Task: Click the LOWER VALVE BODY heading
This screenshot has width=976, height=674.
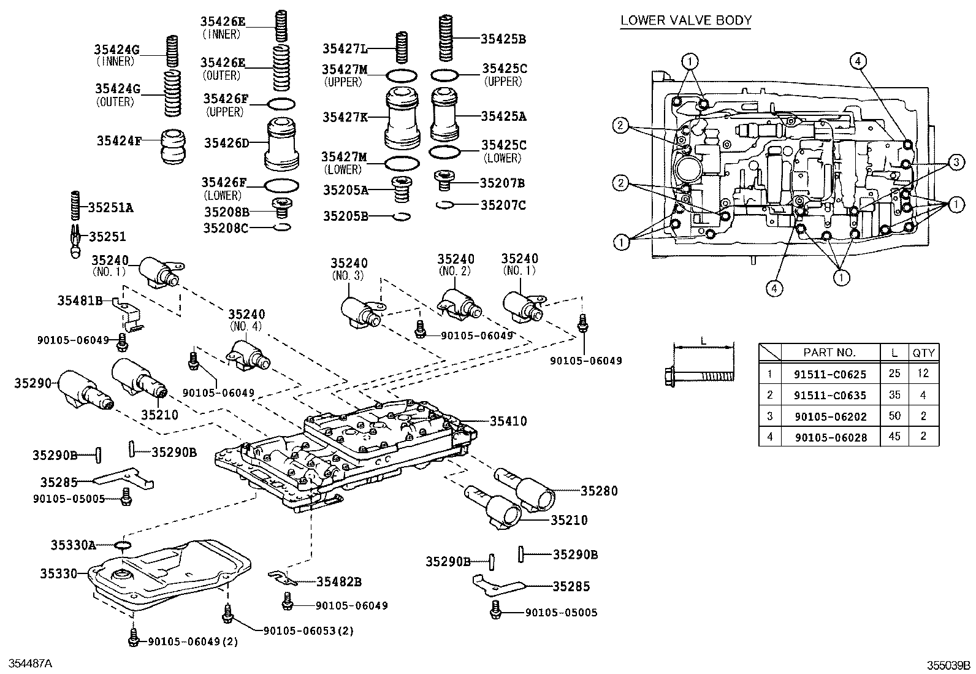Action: point(685,20)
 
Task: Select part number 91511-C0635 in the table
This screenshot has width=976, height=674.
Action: point(830,395)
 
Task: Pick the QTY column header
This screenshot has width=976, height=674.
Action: point(923,353)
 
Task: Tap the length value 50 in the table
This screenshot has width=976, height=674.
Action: point(894,416)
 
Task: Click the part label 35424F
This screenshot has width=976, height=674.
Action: point(118,140)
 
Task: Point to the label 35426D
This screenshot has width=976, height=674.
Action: point(226,144)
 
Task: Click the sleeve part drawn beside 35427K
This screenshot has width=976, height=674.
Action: point(403,118)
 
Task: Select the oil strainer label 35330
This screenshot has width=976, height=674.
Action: point(59,574)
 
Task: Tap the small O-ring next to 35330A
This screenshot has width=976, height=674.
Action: point(123,545)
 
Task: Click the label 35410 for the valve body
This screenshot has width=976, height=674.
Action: point(508,421)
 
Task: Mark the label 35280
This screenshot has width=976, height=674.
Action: point(599,491)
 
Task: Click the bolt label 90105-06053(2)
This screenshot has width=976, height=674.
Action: point(308,630)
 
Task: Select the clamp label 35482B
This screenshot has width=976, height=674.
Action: point(338,581)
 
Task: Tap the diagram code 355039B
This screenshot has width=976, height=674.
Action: point(948,665)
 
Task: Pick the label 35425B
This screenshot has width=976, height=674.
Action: point(503,39)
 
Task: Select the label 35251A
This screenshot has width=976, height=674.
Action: point(110,207)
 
